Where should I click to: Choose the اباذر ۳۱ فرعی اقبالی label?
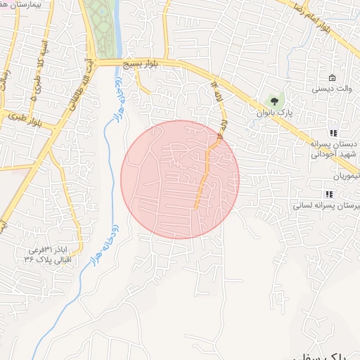pyautogui.click(x=49, y=255)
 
